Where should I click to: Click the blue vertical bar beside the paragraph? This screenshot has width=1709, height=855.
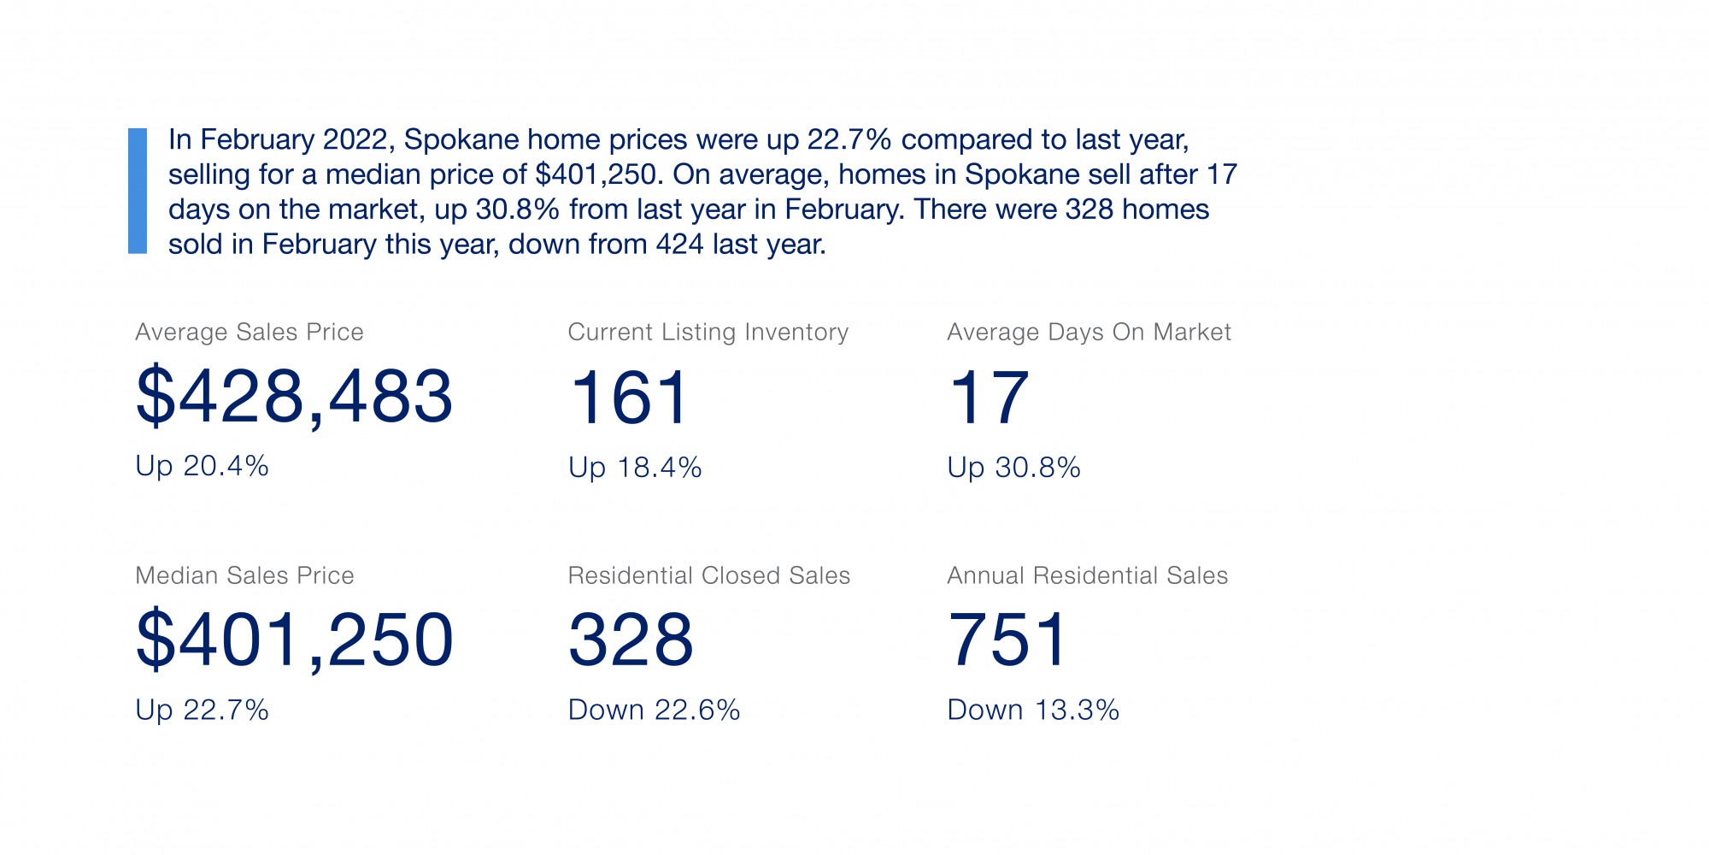tap(138, 191)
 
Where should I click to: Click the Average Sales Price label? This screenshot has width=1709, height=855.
tap(250, 332)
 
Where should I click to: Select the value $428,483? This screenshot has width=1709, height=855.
tap(294, 396)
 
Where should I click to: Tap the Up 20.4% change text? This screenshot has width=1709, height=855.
tap(202, 466)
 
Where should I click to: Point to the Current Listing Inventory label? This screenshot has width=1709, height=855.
tap(708, 332)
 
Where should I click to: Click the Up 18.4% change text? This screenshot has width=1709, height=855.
tap(635, 468)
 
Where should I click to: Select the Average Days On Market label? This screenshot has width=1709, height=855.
tap(1089, 332)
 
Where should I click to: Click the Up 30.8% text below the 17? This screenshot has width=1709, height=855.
tap(1013, 468)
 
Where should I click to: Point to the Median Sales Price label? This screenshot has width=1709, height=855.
tap(244, 575)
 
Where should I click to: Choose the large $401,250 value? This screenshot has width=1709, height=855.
tap(294, 640)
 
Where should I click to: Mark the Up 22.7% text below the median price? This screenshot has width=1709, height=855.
tap(202, 710)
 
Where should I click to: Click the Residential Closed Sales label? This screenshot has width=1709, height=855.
tap(708, 575)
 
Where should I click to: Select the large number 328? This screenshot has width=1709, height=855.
tap(631, 640)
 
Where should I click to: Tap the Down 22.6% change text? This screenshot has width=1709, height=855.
tap(654, 710)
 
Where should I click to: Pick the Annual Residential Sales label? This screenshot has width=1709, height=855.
tap(1087, 575)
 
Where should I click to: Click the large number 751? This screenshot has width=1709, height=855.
tap(1007, 640)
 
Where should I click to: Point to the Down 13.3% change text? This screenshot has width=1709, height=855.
tap(1033, 710)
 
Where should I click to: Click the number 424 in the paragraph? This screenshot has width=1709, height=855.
tap(680, 245)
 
